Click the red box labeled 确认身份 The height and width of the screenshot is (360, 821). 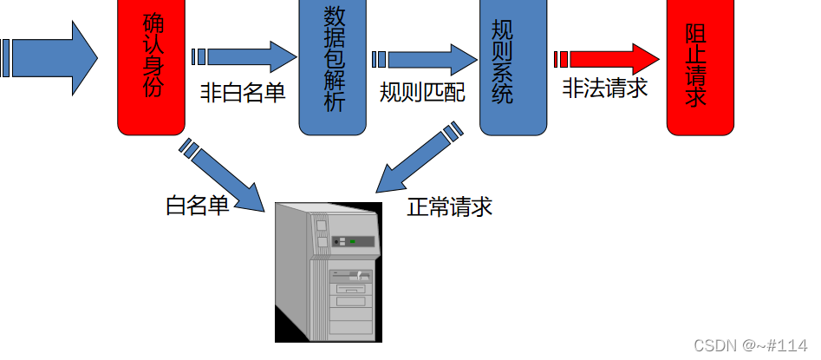click(152, 67)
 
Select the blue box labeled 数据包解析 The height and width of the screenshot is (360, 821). click(334, 67)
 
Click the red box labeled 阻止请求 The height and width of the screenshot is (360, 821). click(700, 67)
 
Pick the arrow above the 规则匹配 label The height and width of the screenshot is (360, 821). click(429, 59)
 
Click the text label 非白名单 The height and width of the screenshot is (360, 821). click(242, 93)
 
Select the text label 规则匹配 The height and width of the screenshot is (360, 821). click(422, 93)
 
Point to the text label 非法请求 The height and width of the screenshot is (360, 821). click(604, 88)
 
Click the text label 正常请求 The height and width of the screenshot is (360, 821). click(449, 207)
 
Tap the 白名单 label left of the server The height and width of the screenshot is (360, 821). click(198, 206)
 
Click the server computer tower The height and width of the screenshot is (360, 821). click(328, 273)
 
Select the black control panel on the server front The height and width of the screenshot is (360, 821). click(356, 241)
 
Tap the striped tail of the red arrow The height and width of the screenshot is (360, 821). click(560, 59)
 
